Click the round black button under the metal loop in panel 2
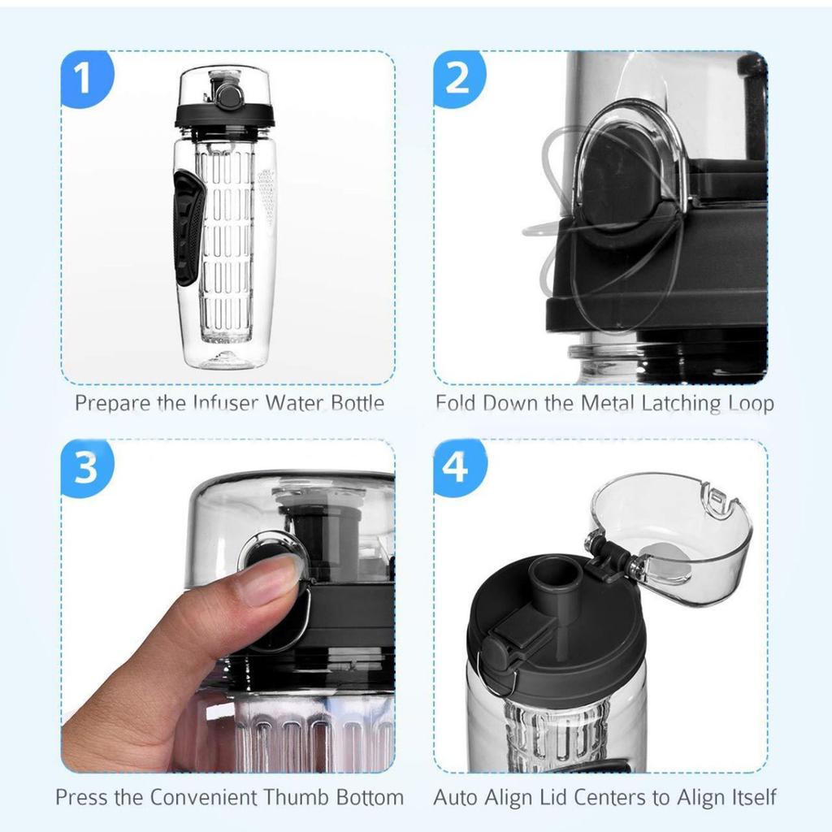click(622, 179)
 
